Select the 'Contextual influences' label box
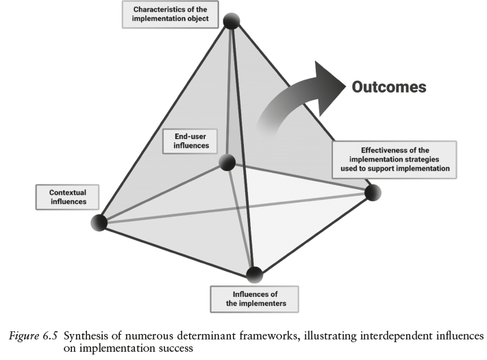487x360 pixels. (67, 197)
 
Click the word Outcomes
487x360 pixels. (388, 87)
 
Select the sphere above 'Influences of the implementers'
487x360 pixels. (255, 274)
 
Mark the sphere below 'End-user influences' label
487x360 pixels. (227, 162)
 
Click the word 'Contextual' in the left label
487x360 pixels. (67, 192)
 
